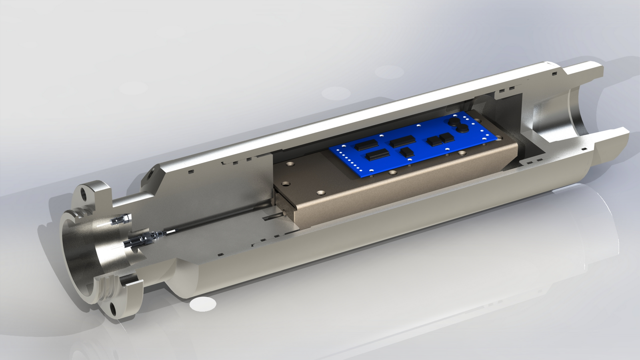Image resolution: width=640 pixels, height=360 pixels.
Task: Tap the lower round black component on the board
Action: (x=462, y=128)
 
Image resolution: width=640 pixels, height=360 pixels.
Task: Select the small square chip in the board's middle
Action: (x=407, y=152)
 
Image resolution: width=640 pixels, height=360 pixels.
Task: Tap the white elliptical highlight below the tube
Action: (x=203, y=304)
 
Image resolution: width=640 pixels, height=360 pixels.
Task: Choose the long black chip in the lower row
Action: (x=378, y=154)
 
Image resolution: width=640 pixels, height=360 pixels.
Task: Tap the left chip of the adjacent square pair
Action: (x=433, y=141)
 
